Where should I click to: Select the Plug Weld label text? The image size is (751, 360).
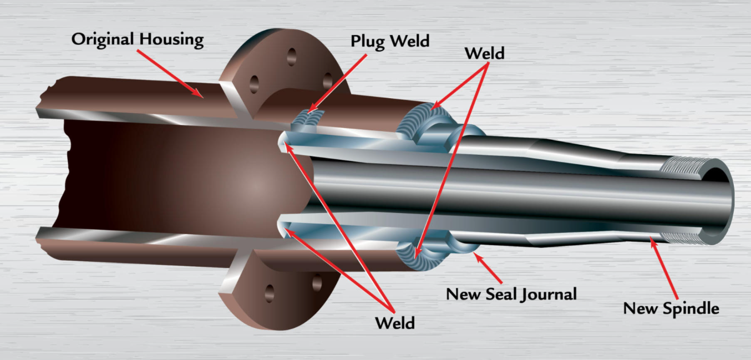(x=390, y=41)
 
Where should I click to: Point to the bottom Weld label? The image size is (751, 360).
(x=394, y=322)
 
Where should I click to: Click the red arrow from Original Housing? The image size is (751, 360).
(x=170, y=74)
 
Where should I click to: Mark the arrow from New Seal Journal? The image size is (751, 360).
(x=488, y=268)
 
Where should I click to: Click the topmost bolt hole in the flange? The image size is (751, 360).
(x=291, y=56)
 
